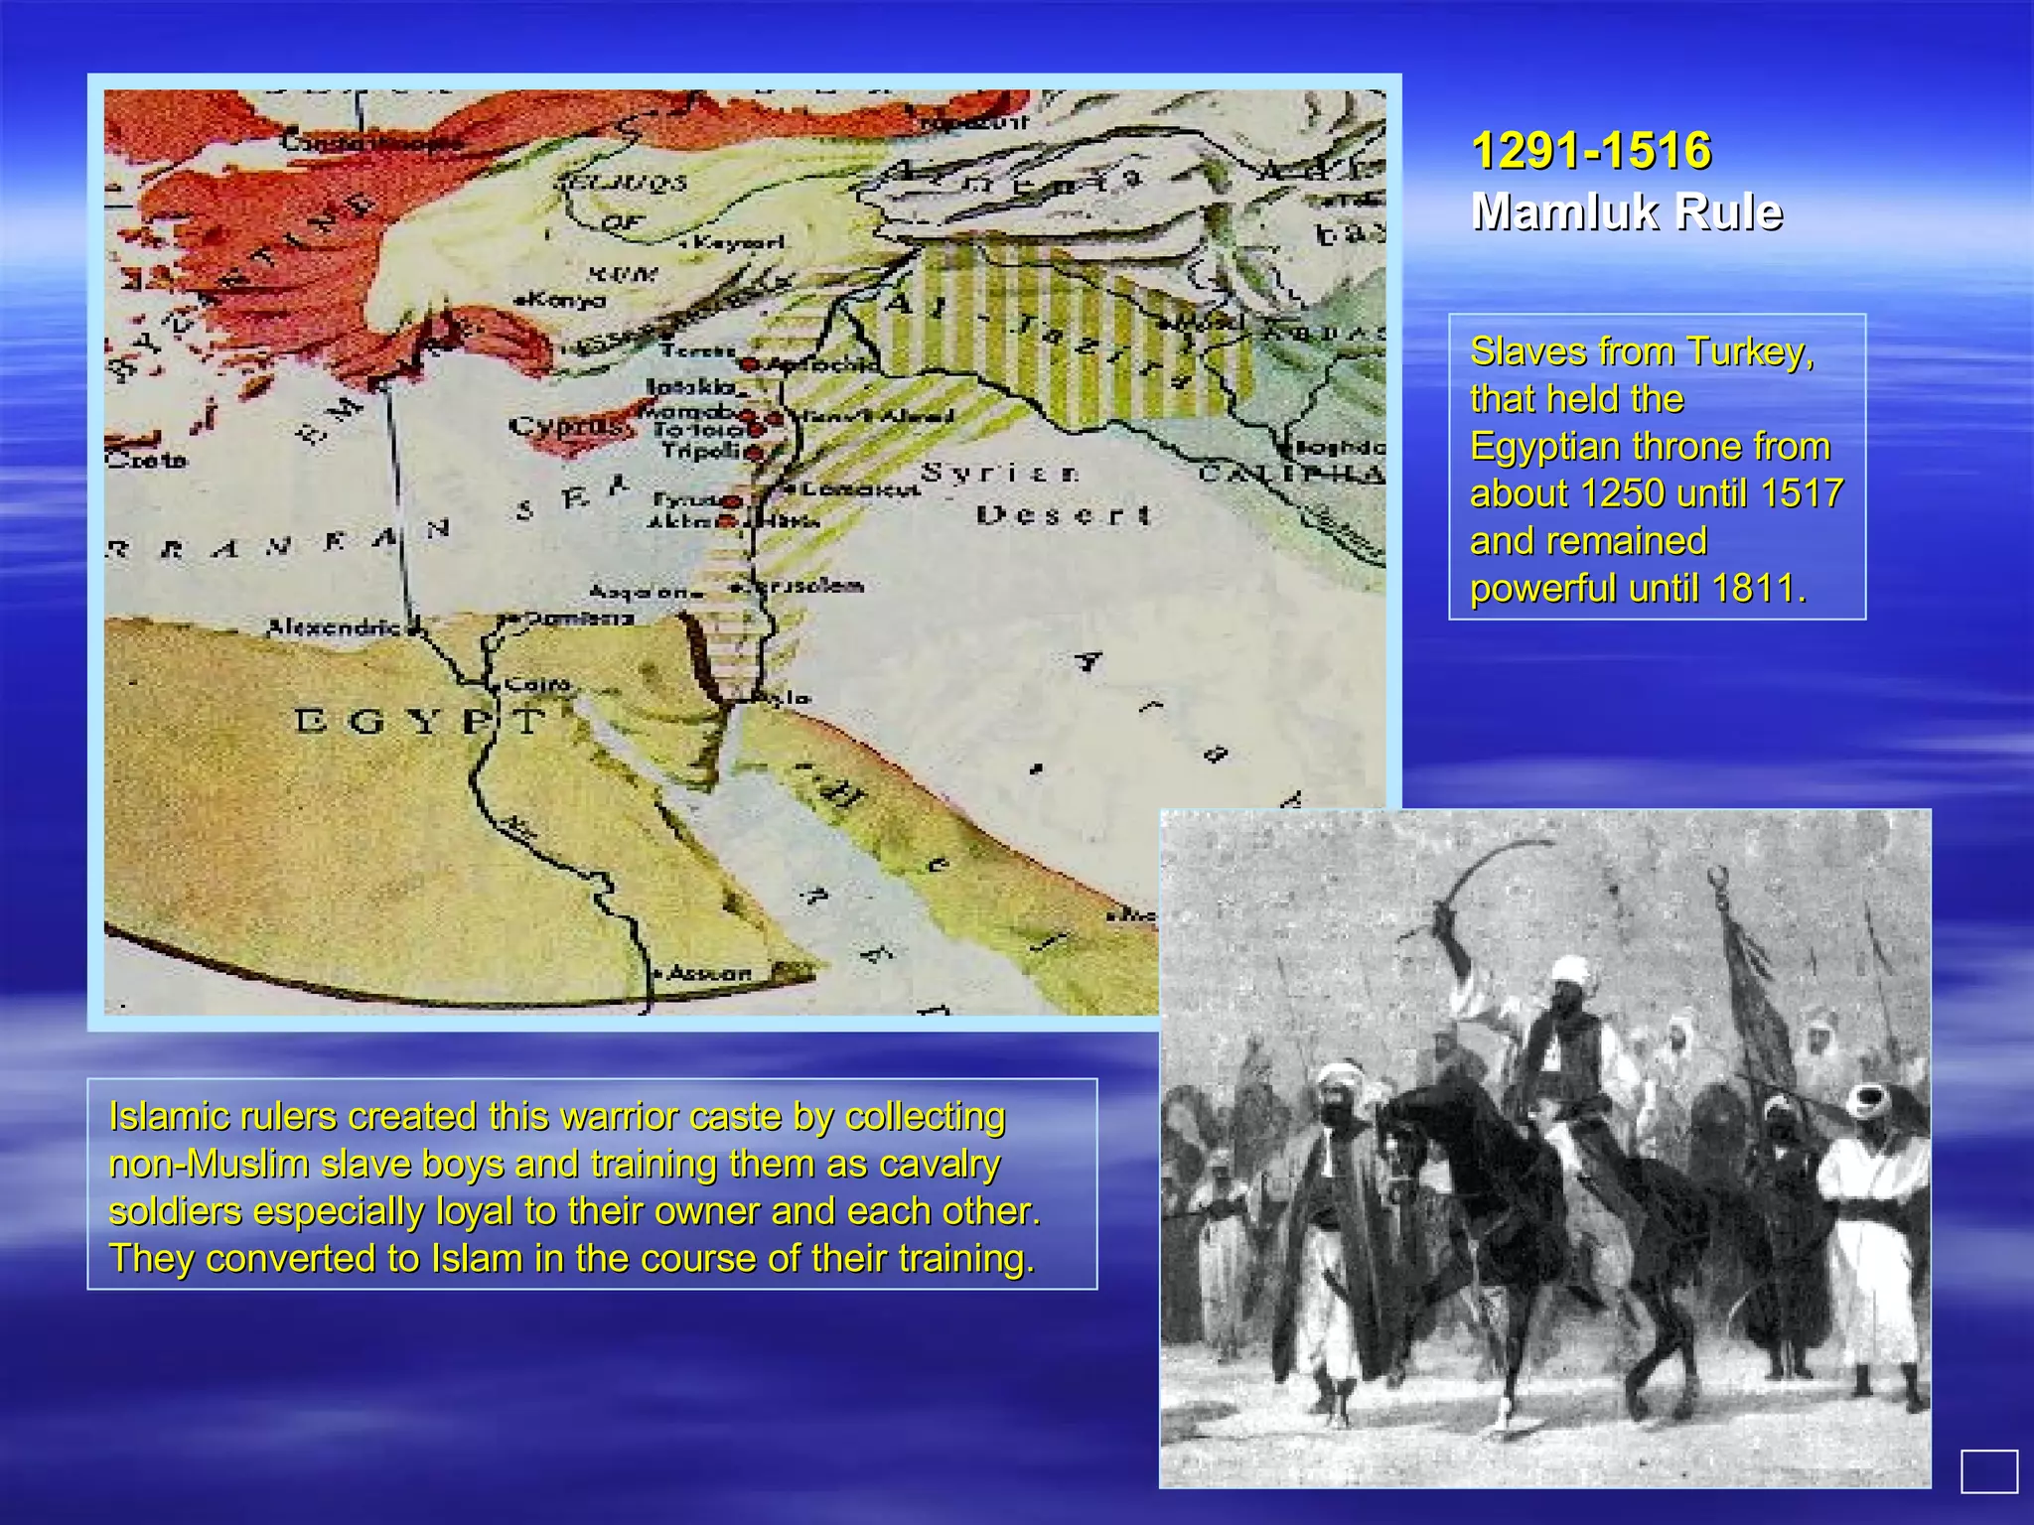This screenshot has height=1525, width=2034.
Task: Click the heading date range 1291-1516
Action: click(1591, 151)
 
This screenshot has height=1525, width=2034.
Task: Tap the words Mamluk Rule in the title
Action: click(1627, 212)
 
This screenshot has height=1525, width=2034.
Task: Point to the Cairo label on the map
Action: click(537, 684)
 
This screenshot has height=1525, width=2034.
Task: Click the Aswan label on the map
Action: click(709, 973)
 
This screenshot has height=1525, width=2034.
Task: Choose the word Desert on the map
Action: click(1063, 515)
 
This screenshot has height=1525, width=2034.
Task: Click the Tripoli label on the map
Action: click(701, 450)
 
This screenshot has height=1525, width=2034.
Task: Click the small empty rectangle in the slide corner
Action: click(1988, 1470)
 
